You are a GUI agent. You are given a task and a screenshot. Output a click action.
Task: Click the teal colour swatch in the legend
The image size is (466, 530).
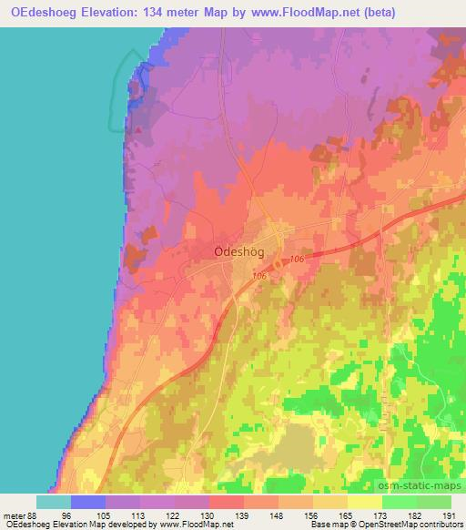point(53,502)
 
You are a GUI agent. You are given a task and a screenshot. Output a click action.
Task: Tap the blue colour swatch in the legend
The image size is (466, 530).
point(87,502)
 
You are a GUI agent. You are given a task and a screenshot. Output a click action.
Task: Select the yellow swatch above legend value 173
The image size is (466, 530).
point(365,502)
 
